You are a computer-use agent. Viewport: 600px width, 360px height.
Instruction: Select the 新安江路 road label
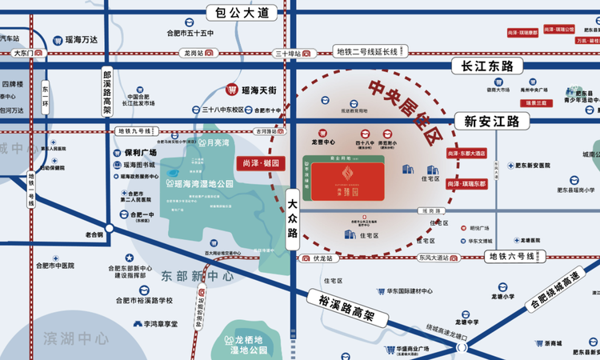tap(491, 122)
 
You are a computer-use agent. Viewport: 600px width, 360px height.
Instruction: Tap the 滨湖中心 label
tap(76, 338)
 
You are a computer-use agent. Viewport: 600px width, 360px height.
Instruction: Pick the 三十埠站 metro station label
tap(287, 53)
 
